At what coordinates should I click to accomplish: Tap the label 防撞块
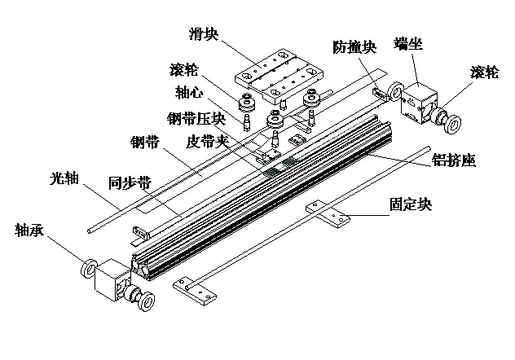[x=354, y=47]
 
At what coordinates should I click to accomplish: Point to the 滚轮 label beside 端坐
[x=486, y=71]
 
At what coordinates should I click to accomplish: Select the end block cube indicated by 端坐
[x=420, y=102]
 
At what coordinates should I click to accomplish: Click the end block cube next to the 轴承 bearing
[x=112, y=282]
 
